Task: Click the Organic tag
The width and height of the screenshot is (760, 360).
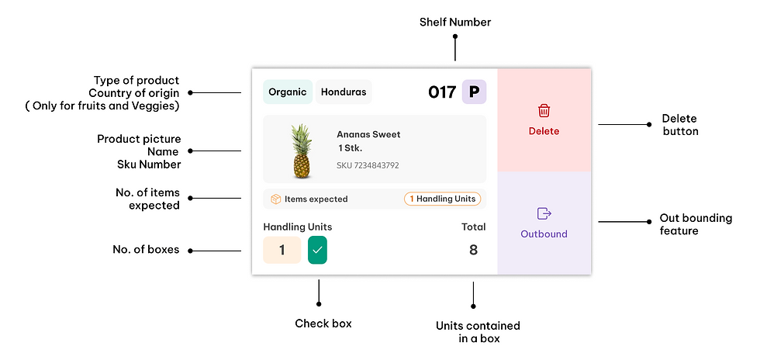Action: pos(288,92)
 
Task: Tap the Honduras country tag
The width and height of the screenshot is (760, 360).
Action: pos(344,92)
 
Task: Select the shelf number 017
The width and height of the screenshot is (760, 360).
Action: pos(442,92)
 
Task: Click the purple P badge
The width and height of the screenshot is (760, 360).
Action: pos(474,92)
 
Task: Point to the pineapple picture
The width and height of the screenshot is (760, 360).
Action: pos(302,151)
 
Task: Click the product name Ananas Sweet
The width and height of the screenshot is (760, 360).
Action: pos(369,134)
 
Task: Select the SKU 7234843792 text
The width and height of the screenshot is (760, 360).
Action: pos(368,165)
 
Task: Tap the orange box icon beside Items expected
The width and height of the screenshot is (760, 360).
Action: pos(276,199)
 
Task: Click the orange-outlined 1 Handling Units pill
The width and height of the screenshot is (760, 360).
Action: pos(443,199)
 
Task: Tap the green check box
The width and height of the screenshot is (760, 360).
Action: pos(317,250)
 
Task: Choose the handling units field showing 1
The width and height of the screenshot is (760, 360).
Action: pos(282,250)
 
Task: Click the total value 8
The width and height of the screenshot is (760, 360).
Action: pos(474,250)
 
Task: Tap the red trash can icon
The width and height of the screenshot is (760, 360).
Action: pos(544,111)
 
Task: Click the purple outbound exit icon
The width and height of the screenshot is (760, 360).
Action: pos(544,213)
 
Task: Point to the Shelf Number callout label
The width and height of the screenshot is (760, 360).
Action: pos(455,22)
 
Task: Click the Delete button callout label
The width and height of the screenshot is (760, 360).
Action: pos(680,125)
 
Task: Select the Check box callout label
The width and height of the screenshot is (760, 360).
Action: pos(323,323)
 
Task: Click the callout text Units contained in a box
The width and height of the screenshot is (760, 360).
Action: pos(478,332)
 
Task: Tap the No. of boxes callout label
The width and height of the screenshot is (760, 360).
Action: pos(146,250)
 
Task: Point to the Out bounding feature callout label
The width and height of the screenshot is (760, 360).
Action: pos(696,224)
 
